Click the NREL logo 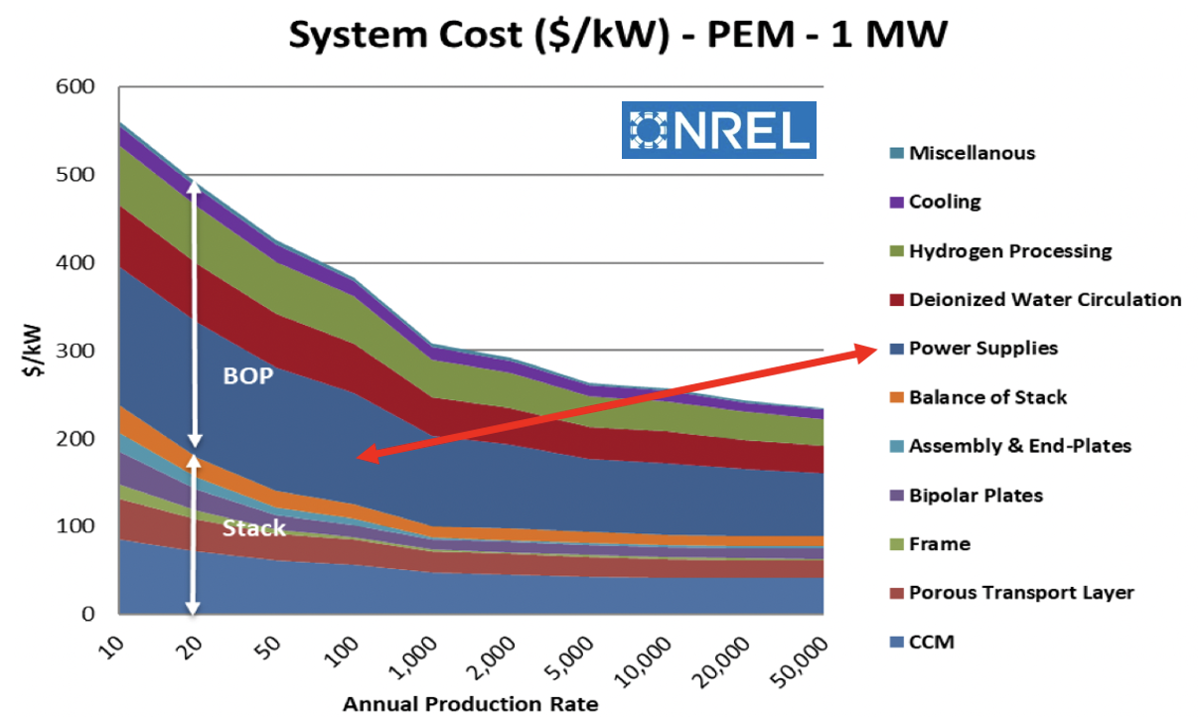click(718, 130)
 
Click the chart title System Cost click(618, 36)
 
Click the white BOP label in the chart click(247, 377)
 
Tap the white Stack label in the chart click(253, 527)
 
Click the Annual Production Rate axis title click(470, 705)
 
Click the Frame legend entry click(939, 544)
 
